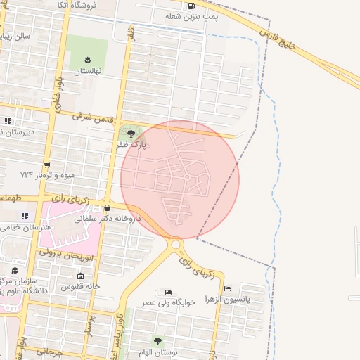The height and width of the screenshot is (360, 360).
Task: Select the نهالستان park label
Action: [x=88, y=72]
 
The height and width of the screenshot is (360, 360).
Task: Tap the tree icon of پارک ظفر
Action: [x=131, y=133]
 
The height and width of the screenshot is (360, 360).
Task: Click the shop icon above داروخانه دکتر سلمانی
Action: [x=107, y=208]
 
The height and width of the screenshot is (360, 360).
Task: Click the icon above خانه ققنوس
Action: [x=80, y=276]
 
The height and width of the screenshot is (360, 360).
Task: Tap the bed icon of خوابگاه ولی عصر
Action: [x=167, y=292]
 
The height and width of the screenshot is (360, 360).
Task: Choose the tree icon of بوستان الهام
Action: [x=157, y=342]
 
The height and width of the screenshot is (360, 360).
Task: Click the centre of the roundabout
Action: [x=176, y=244]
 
